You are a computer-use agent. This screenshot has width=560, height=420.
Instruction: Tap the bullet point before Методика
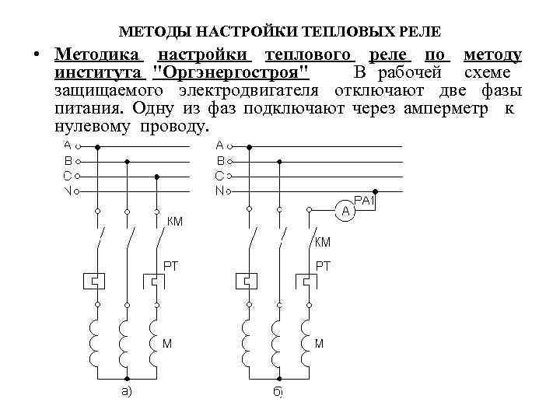point(36,56)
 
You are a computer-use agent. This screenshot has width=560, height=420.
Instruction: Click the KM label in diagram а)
point(174,221)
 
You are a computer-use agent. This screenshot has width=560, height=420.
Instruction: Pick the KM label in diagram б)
point(323,242)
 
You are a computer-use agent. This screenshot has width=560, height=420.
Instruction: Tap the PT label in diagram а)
point(170,266)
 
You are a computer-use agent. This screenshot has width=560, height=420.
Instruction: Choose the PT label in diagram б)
point(323,266)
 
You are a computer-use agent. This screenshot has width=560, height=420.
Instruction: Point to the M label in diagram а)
point(167,343)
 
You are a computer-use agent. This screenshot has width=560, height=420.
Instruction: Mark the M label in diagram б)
point(319,343)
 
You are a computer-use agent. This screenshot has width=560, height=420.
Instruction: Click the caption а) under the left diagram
point(125,391)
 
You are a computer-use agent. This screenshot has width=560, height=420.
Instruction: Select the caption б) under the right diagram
point(278,392)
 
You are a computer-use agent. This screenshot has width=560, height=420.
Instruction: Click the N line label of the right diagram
point(220,191)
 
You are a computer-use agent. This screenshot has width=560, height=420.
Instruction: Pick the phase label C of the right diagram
point(220,176)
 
